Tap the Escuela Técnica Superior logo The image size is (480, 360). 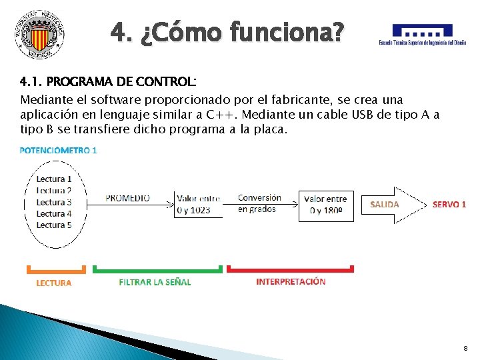[423, 35]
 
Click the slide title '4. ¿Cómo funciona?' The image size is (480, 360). [228, 31]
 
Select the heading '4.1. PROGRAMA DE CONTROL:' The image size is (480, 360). [108, 82]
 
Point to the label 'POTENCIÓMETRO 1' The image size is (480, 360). [59, 150]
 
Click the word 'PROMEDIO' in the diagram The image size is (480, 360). [127, 198]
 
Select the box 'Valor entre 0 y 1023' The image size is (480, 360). [198, 204]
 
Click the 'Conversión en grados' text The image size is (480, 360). [259, 203]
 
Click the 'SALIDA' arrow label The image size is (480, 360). [384, 204]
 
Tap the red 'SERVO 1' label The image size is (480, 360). [449, 204]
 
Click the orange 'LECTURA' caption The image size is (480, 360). [54, 283]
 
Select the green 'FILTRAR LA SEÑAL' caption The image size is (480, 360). [155, 282]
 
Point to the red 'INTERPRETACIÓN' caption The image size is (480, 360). [291, 281]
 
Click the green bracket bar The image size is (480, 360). [157, 269]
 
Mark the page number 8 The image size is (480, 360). [465, 349]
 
